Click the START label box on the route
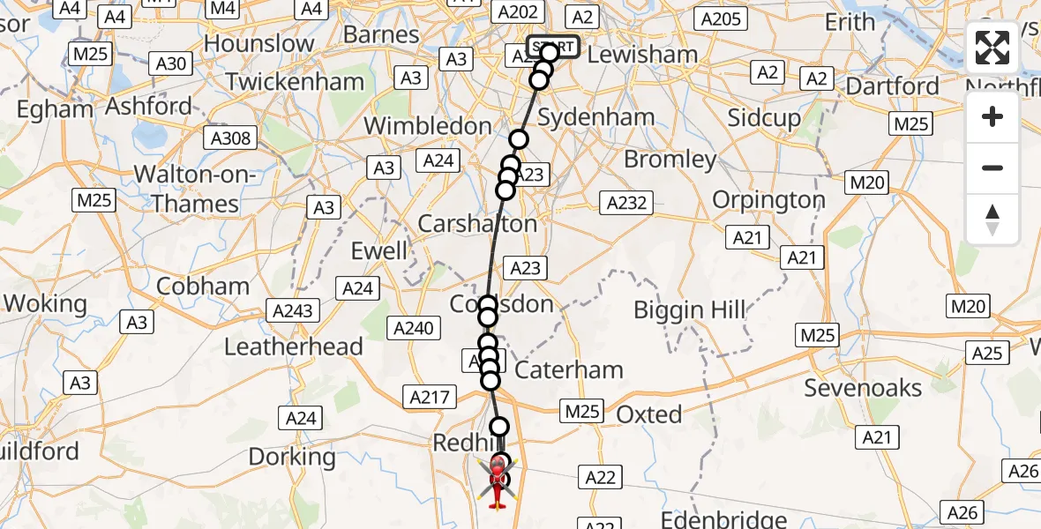[x=553, y=46]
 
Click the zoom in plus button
[x=992, y=116]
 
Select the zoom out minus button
[x=992, y=168]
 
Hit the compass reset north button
[x=992, y=219]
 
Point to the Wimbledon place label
[x=428, y=126]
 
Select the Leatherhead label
[x=294, y=346]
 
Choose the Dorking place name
[x=293, y=457]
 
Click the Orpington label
[x=768, y=200]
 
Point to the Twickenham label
[x=295, y=82]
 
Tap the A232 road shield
[x=627, y=203]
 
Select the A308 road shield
[x=232, y=138]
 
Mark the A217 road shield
[x=430, y=398]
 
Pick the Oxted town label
[x=649, y=414]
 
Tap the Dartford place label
[x=893, y=86]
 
